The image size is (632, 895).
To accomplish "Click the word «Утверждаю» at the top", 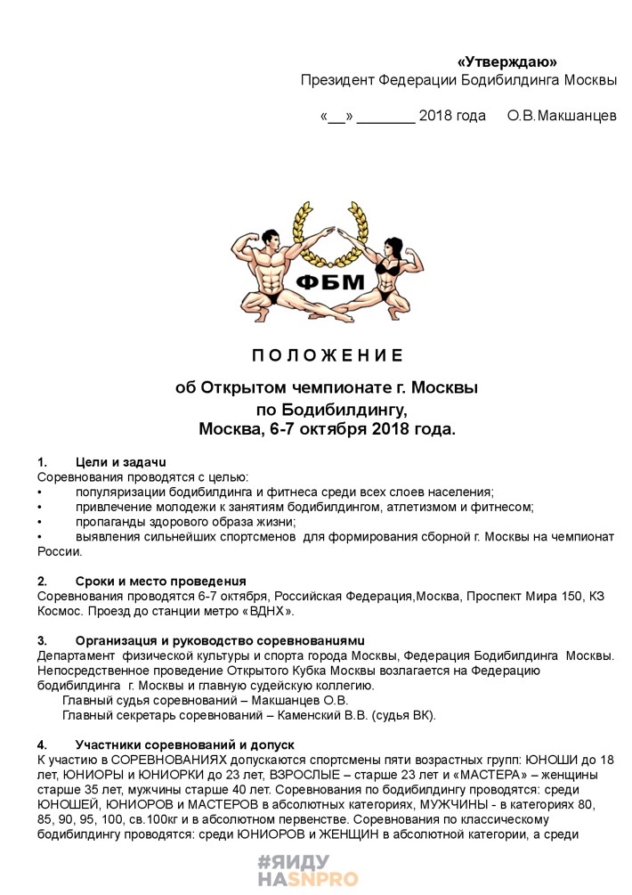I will tap(506, 61).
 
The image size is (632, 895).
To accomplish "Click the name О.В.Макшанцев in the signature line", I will tap(562, 117).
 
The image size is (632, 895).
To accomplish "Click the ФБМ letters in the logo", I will tap(329, 282).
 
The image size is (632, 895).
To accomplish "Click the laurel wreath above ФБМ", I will tap(329, 232).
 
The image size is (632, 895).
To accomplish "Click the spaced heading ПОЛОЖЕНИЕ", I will tap(328, 356).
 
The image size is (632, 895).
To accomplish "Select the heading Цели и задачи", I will tap(122, 462).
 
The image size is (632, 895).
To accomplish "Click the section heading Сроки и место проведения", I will tap(161, 582).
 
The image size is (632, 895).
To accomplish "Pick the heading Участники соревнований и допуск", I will tap(185, 744).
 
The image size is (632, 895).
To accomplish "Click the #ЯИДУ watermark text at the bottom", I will tap(293, 862).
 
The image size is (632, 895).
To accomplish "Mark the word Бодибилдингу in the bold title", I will tap(344, 410).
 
